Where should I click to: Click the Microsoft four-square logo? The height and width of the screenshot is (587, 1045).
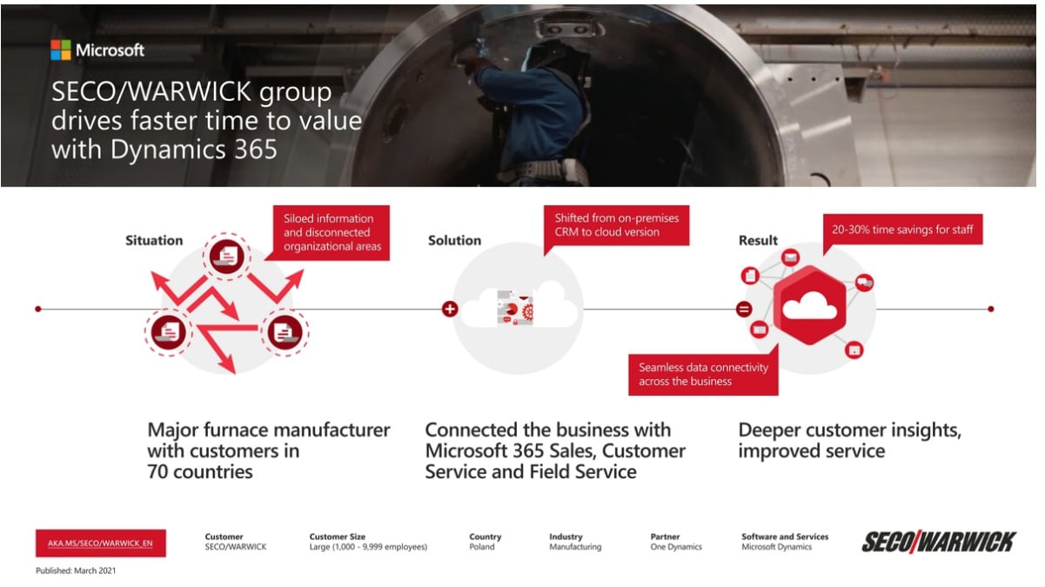(60, 50)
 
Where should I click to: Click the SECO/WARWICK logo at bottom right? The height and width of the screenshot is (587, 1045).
(938, 542)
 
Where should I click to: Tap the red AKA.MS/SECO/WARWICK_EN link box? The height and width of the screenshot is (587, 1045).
(100, 543)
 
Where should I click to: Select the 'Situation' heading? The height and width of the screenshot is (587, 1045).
(154, 240)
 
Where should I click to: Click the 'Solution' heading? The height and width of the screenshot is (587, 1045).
(454, 240)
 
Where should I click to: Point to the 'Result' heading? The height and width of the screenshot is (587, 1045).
(758, 240)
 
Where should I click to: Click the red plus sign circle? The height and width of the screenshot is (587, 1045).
(449, 309)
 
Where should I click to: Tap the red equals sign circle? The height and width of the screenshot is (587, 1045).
(744, 309)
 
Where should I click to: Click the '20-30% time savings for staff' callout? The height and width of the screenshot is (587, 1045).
(902, 230)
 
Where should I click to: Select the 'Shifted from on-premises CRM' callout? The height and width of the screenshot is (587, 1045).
(616, 225)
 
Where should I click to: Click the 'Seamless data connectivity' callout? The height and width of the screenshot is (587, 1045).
(703, 374)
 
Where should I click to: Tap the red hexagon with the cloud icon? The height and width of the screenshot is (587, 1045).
(810, 304)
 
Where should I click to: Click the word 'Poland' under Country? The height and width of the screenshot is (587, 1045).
(481, 547)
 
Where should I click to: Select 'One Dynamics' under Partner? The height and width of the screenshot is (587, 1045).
(675, 547)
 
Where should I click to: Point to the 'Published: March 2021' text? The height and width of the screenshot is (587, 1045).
(76, 571)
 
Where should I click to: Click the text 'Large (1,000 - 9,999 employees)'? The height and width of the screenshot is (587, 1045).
(368, 547)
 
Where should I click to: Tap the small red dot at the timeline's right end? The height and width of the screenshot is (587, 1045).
(991, 309)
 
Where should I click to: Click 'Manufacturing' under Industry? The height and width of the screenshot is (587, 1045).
(574, 547)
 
